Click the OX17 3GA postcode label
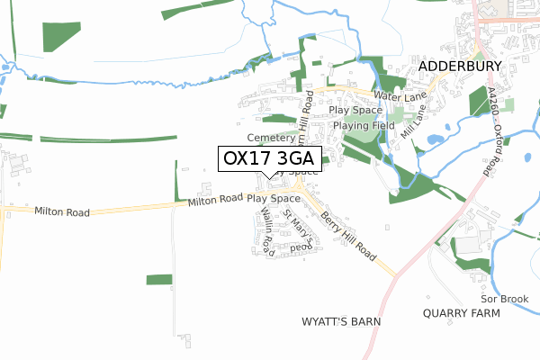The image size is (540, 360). (x=270, y=158)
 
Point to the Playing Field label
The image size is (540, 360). (x=358, y=125)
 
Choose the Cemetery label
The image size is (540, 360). (x=271, y=138)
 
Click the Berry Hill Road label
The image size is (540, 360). (x=346, y=235)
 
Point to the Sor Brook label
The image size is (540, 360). (x=501, y=298)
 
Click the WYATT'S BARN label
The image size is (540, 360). (x=341, y=321)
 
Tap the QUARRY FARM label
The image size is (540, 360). (x=460, y=313)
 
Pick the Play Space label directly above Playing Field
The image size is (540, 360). (x=355, y=110)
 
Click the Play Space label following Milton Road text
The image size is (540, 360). (x=274, y=197)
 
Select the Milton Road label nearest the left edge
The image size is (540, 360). (x=62, y=211)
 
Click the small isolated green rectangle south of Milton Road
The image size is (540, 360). (x=159, y=279)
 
